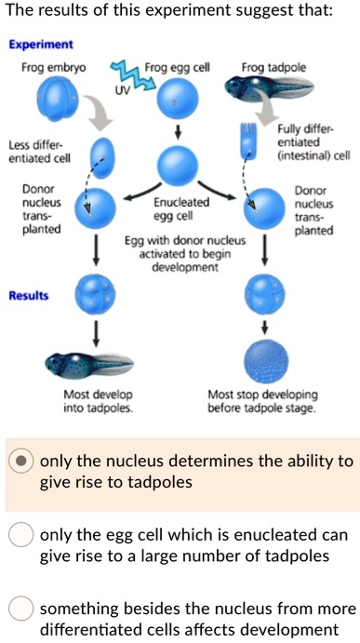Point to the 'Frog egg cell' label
[x=178, y=68]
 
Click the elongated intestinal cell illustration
[x=247, y=141]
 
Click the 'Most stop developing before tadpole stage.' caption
[x=264, y=400]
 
